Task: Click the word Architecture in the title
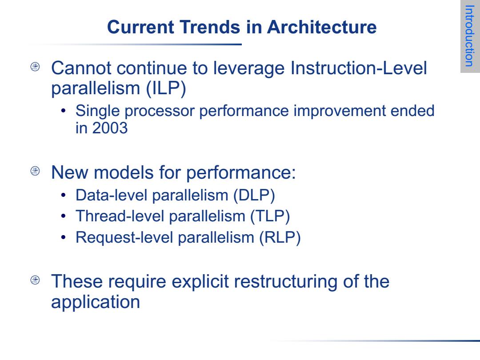322,27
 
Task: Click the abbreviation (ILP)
166,88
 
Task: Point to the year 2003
110,128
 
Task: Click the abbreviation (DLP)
254,195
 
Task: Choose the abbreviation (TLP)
270,216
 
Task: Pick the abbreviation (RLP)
280,237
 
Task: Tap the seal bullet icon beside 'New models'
35,171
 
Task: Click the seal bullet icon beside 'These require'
35,280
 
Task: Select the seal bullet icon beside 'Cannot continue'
35,67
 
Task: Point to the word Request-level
124,238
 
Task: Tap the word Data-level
112,195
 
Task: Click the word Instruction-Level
359,68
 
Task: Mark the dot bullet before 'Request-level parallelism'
64,237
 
